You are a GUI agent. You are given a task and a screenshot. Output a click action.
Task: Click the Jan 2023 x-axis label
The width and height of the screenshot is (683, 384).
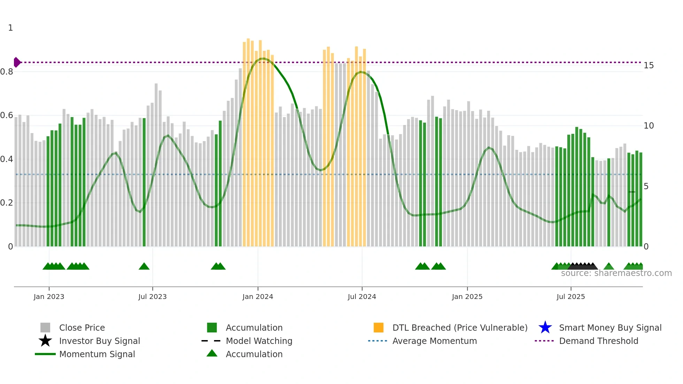(x=49, y=297)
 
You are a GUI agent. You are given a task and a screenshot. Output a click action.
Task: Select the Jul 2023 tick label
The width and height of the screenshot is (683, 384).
(x=152, y=297)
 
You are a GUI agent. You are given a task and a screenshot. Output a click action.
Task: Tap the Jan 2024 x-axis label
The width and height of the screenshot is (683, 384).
(x=258, y=297)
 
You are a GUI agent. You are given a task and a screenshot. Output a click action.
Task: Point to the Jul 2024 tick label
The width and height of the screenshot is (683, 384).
(x=362, y=297)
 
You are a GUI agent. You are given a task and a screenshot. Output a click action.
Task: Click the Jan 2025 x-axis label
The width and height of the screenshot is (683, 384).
(x=467, y=297)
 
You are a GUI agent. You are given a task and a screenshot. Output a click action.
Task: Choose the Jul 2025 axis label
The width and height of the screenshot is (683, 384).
(x=570, y=297)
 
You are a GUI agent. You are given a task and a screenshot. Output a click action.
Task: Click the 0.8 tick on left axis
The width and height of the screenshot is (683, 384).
(x=7, y=72)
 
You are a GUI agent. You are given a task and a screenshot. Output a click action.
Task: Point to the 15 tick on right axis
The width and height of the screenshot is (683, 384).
(x=649, y=66)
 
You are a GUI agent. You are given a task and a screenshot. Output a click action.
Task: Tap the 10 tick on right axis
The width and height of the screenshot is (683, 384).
(x=649, y=126)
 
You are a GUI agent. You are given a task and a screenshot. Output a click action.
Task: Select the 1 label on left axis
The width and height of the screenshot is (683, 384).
(x=10, y=28)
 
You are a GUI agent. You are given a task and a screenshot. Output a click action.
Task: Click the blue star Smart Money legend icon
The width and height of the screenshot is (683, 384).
(x=545, y=328)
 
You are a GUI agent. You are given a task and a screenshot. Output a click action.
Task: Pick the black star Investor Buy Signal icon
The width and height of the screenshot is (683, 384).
(x=45, y=341)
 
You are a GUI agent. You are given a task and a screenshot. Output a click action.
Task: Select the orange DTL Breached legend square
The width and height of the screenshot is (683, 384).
(x=378, y=328)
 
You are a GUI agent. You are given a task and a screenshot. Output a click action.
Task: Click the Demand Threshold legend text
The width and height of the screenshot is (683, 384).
(x=598, y=341)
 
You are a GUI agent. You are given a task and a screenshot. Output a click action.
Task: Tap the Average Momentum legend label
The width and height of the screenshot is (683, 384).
(x=435, y=341)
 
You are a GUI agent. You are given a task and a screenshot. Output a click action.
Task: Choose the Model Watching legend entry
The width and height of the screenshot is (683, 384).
(x=259, y=341)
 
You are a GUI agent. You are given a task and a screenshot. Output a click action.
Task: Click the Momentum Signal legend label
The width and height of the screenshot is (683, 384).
(x=97, y=354)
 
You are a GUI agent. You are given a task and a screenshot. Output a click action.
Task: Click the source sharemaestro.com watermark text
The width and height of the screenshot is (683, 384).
(x=616, y=273)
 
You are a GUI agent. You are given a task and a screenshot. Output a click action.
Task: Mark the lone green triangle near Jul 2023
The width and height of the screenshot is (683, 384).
(x=144, y=267)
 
